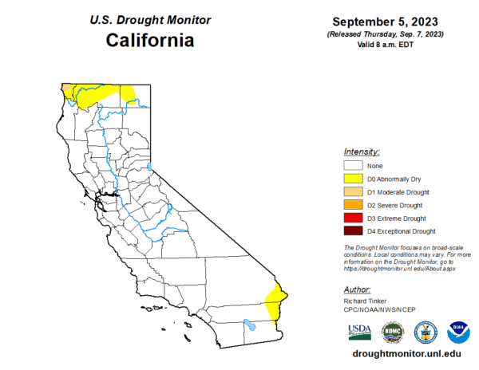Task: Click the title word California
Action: point(151,39)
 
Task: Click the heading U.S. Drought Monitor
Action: point(150,18)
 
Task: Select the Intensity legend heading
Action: point(361,152)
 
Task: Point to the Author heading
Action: point(357,289)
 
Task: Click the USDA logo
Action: point(358,331)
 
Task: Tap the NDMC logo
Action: point(391,331)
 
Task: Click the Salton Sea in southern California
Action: point(250,325)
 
